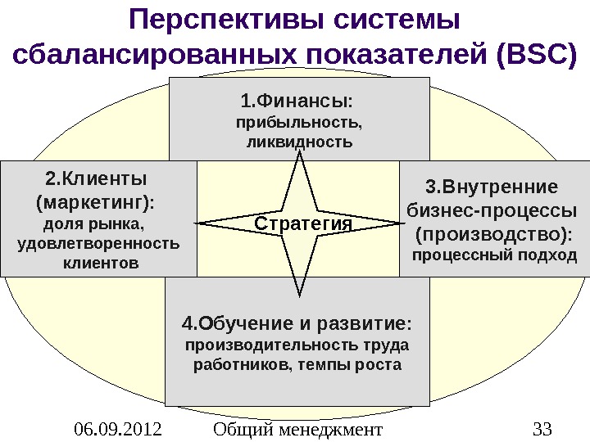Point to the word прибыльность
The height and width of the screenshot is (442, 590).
point(298,124)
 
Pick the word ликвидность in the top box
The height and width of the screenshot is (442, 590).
point(299,142)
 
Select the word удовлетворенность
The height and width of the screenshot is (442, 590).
point(98,244)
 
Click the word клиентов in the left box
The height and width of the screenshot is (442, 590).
point(101,264)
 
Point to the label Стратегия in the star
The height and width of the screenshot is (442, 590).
point(302,223)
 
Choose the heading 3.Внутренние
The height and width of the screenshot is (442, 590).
point(492,184)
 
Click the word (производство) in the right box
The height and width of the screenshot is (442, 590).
point(493,235)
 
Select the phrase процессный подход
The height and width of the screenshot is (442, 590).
point(493,256)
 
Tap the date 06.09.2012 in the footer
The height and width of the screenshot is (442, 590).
point(118,428)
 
